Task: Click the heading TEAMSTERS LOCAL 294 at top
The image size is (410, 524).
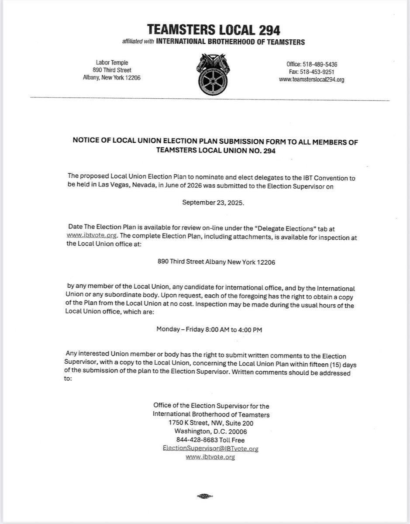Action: pos(214,30)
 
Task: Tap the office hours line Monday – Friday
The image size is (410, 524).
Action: pos(209,330)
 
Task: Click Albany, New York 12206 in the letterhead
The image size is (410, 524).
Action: pos(111,78)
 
